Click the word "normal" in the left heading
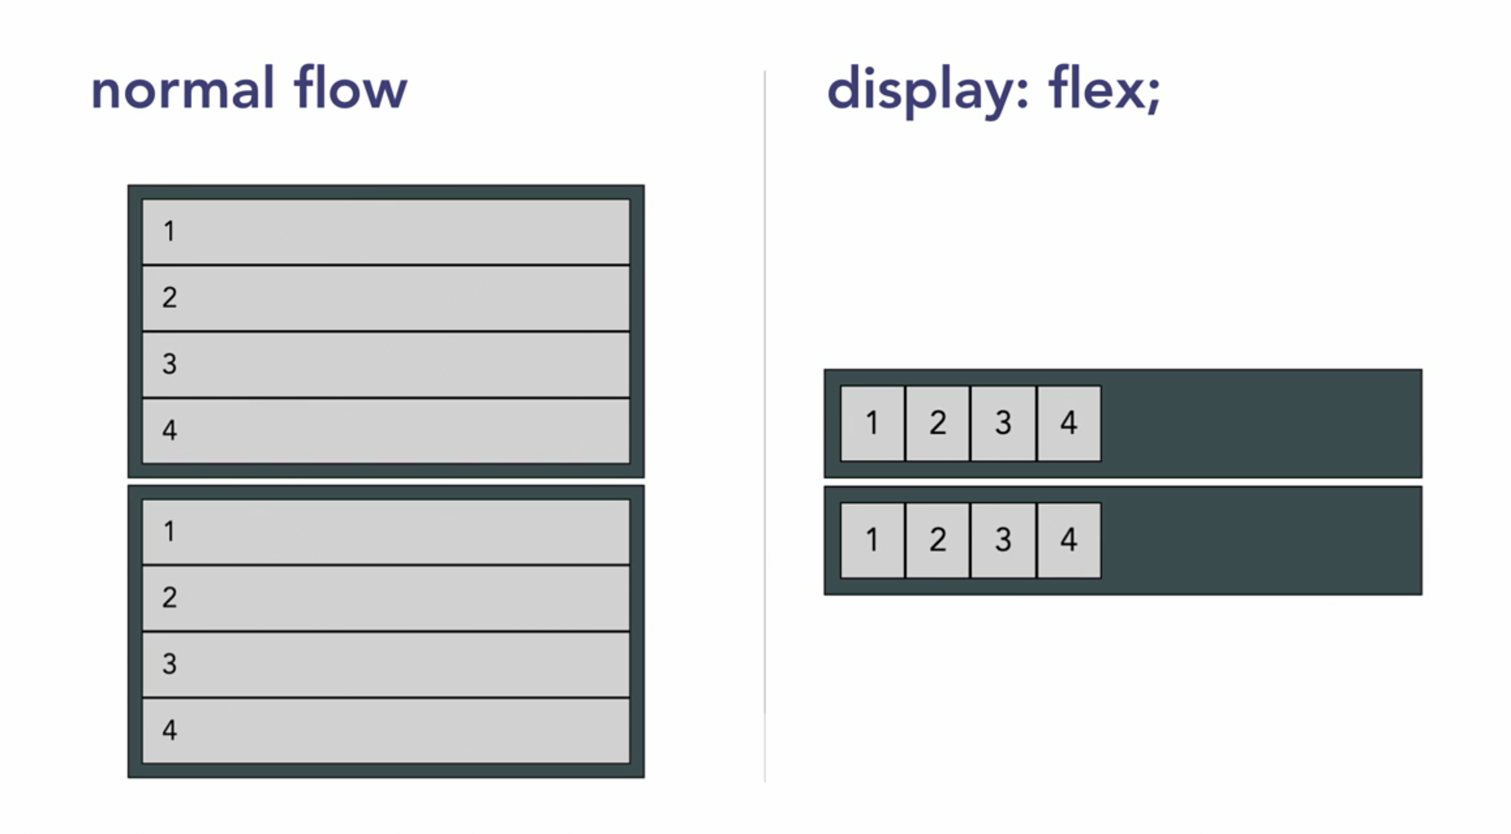182,90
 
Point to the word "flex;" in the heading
1104,90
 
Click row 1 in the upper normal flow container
386,232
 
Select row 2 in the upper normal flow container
386,298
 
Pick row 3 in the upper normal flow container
386,364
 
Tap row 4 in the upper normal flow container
386,431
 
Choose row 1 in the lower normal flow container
386,532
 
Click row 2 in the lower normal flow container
386,598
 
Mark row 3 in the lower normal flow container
386,664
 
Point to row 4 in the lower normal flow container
386,730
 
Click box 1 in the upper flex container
873,423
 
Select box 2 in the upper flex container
938,423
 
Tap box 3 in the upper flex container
1003,423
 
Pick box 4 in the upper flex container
1069,423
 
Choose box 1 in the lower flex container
873,540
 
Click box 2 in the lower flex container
938,540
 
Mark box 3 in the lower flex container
1003,540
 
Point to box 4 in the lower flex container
1069,540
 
